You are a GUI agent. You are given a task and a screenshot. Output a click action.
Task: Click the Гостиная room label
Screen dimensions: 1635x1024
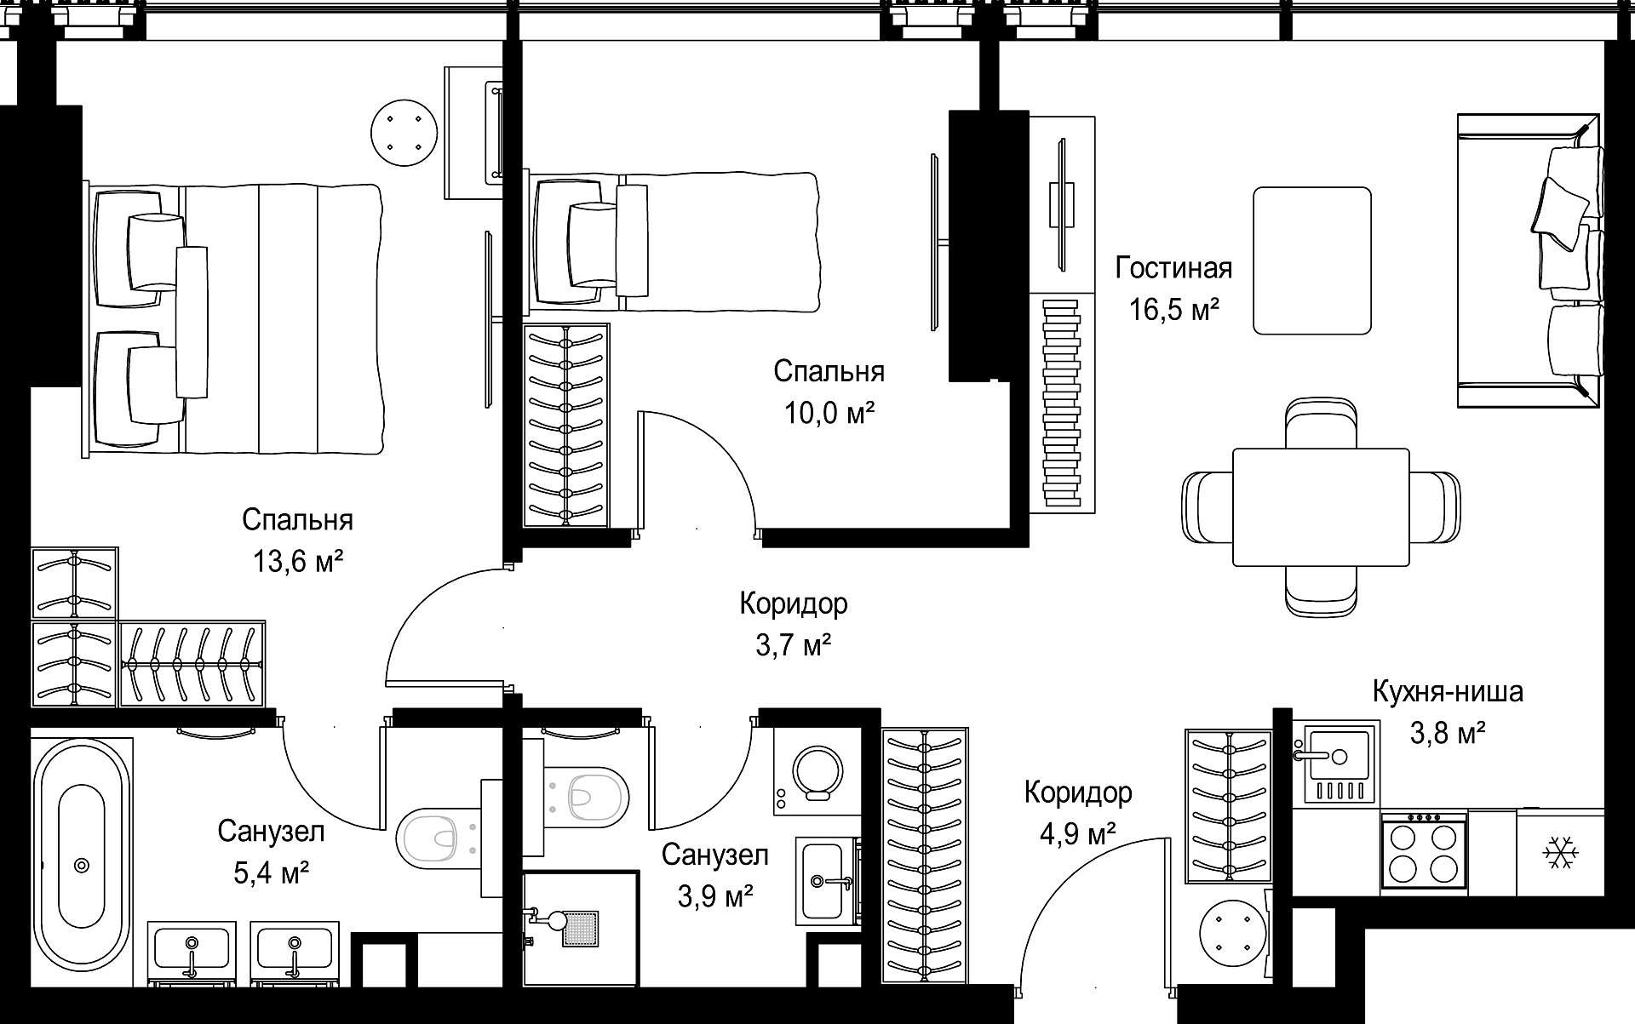point(1173,268)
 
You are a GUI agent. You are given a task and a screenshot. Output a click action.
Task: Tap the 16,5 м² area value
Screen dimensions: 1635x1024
point(1173,309)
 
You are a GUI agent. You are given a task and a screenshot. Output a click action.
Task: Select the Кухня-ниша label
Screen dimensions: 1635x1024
point(1448,691)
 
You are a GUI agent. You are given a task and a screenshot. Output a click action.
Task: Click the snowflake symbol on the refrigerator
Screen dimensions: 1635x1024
point(1561,852)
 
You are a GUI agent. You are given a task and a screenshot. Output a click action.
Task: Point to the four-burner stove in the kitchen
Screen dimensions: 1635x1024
point(1424,852)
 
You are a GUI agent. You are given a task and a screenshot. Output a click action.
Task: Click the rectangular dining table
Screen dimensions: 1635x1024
point(1321,507)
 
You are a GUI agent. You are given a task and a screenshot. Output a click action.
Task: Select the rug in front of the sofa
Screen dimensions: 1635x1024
point(1311,260)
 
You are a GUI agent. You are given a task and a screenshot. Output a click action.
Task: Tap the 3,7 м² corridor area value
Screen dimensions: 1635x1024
point(793,646)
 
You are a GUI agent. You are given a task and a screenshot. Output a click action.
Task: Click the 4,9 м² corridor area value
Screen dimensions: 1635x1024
point(1077,833)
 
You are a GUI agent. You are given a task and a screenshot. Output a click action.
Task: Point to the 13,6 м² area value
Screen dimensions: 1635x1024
point(297,562)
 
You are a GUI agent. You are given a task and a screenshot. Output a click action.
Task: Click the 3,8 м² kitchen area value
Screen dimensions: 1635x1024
point(1448,733)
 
